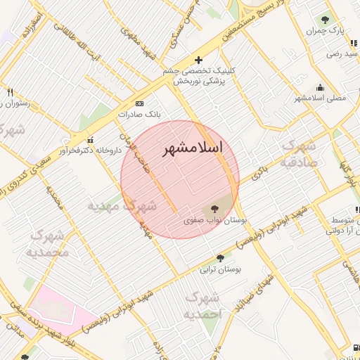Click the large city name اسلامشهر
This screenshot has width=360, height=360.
[192, 148]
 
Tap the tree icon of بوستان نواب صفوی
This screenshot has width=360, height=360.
[215, 209]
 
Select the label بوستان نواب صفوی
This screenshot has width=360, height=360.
[215, 220]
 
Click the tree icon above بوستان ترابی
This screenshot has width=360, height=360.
[221, 258]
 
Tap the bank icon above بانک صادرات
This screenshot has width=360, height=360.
[149, 102]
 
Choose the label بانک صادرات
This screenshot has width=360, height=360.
[139, 113]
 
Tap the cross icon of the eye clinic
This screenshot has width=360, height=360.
[198, 60]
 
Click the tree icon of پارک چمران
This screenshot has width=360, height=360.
[324, 20]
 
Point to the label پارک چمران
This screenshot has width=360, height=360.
[327, 32]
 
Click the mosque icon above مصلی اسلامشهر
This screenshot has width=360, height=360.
[321, 87]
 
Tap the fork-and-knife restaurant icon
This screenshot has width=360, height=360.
[10, 92]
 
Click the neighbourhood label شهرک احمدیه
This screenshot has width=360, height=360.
[202, 306]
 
